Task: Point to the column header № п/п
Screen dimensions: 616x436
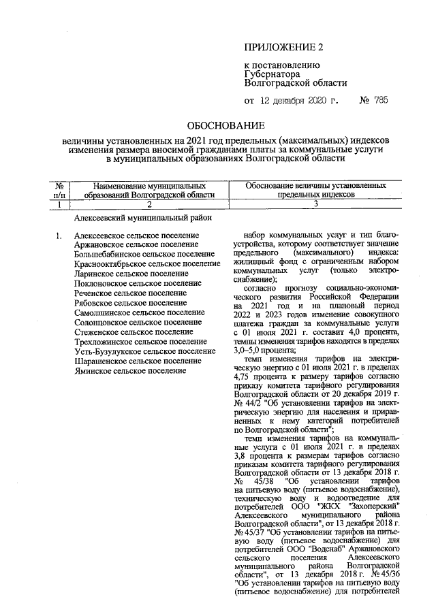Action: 59,189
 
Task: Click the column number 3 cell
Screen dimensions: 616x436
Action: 315,203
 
